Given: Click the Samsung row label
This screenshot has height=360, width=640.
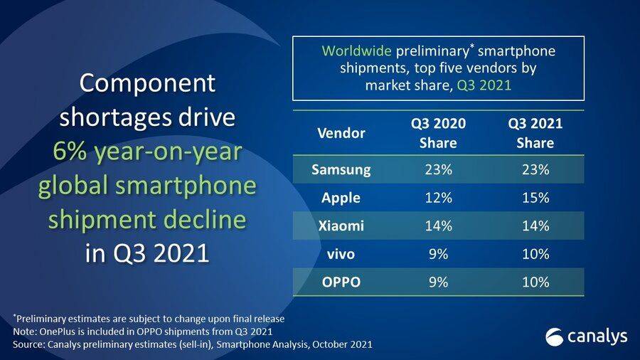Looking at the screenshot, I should tap(341, 170).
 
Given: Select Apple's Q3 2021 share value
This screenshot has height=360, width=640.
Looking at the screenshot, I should tap(535, 198).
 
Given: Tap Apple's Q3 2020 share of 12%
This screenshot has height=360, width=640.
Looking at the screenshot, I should tap(438, 198).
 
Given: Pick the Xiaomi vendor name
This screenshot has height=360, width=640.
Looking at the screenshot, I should tap(341, 226).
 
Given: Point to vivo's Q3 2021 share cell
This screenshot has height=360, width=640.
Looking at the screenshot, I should tap(535, 254).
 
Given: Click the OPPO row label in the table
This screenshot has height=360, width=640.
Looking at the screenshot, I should tap(341, 282).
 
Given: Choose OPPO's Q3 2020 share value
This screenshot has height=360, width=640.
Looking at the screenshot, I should tap(438, 282).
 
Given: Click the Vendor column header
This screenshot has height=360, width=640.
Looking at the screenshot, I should tap(341, 133).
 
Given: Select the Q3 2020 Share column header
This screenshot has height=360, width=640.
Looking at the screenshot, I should tap(438, 133).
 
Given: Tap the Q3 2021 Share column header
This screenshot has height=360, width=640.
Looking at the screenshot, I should tap(535, 133).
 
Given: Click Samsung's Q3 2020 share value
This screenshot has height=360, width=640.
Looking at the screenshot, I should tap(438, 170).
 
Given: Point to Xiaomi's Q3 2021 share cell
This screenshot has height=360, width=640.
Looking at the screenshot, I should tap(535, 226).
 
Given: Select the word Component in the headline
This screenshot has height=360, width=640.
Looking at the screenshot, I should tap(147, 83).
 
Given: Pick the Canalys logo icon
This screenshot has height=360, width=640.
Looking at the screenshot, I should tap(555, 336).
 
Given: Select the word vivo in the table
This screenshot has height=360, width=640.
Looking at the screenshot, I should tap(341, 254).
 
